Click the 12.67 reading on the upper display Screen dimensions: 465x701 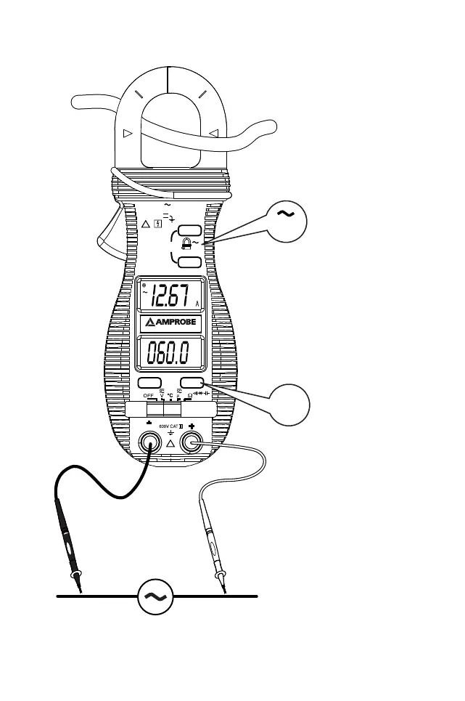tap(169, 296)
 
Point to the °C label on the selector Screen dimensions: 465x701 tap(170, 396)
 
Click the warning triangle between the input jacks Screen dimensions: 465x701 tap(171, 444)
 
